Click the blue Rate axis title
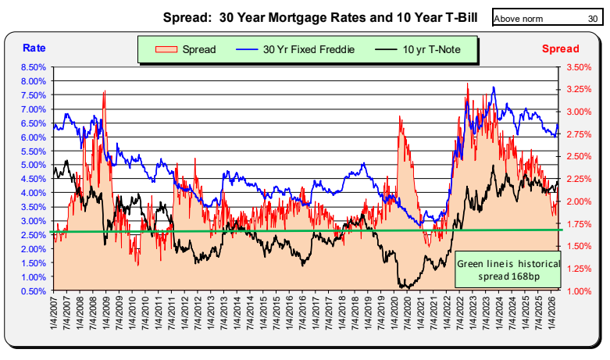click(34, 48)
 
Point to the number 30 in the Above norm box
click(592, 17)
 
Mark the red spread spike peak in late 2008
click(104, 92)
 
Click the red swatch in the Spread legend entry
click(166, 49)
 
